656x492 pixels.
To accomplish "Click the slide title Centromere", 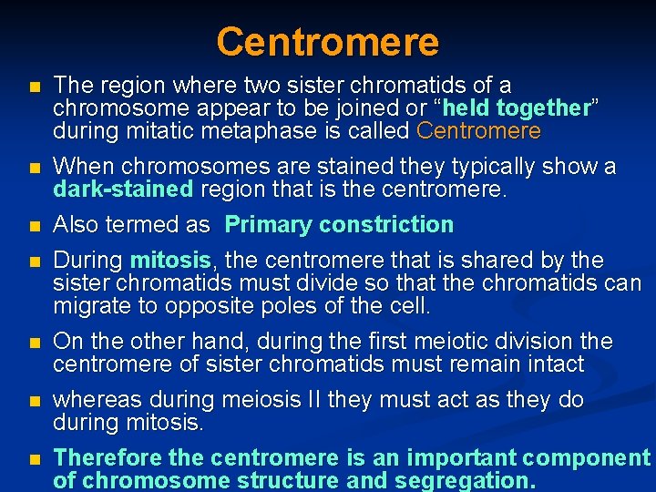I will [x=327, y=41].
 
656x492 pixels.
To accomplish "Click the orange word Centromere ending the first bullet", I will [x=478, y=131].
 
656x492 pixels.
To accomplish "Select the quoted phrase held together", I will [x=518, y=108].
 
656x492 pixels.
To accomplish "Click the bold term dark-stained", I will [x=123, y=190].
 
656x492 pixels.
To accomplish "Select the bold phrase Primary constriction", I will [x=339, y=225].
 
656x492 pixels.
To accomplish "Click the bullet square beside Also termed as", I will [x=34, y=226].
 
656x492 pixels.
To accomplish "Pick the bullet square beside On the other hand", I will [x=34, y=343].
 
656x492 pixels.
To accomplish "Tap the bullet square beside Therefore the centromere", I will [x=34, y=459].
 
